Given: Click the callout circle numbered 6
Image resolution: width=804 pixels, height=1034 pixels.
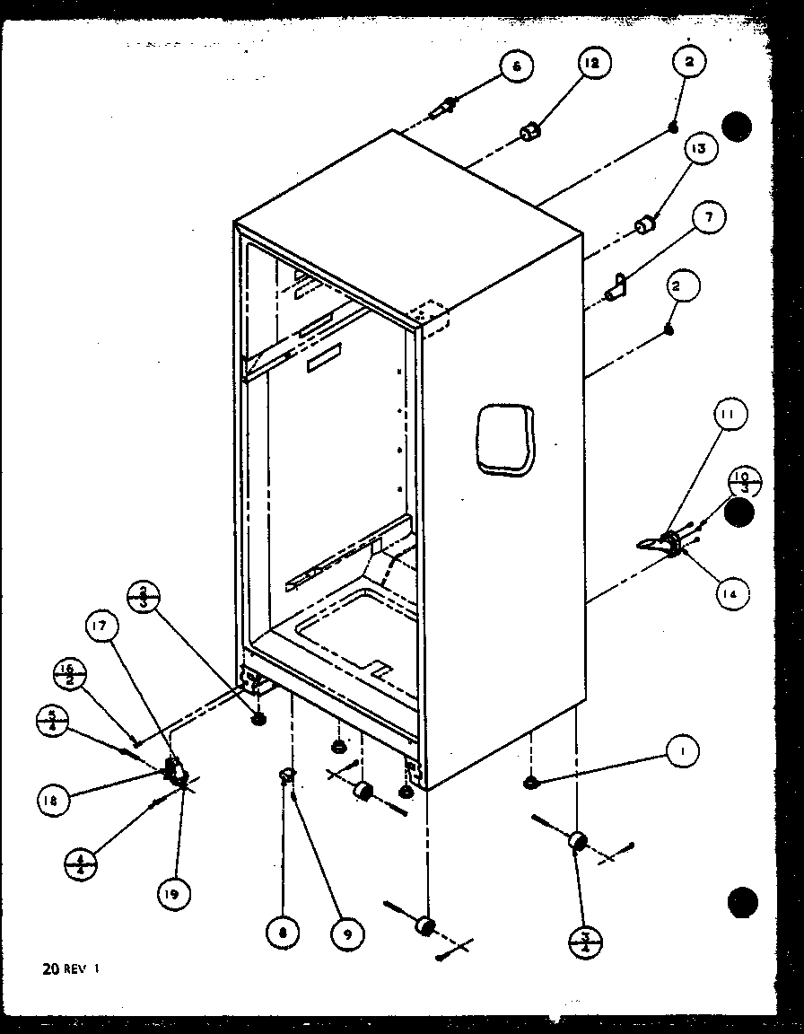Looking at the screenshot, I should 516,66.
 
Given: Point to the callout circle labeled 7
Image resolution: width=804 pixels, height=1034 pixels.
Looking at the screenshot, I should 710,217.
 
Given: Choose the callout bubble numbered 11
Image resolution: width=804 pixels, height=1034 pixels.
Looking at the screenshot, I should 730,416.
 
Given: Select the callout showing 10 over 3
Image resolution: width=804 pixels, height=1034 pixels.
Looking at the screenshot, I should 745,481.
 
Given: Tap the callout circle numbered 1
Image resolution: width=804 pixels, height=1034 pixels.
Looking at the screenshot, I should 682,750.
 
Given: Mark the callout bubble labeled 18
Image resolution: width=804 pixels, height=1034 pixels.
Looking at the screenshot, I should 54,801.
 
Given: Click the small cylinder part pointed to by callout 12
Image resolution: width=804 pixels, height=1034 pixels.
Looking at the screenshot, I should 531,132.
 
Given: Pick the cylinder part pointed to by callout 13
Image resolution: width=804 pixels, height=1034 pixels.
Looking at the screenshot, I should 644,225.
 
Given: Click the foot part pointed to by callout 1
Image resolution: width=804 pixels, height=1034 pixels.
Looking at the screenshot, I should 531,784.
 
